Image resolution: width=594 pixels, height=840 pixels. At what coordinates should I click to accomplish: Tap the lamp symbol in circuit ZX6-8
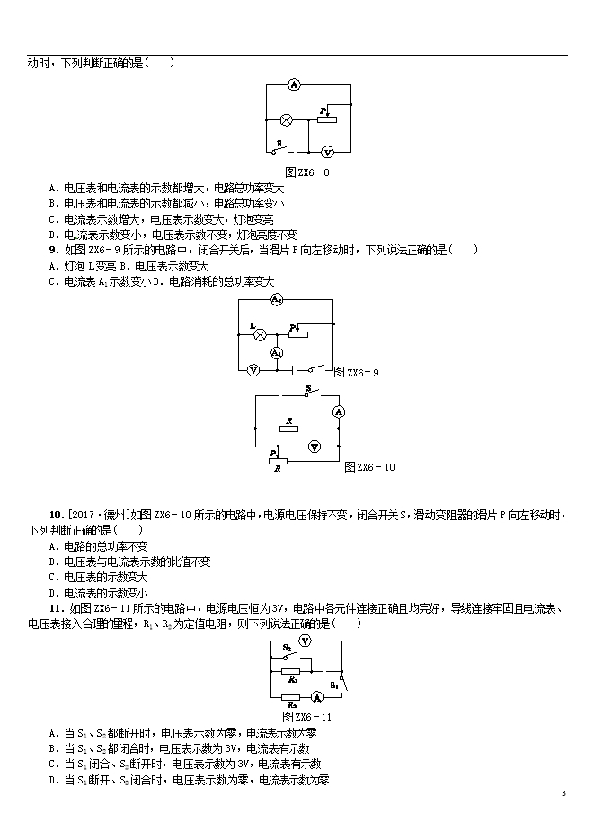tap(287, 119)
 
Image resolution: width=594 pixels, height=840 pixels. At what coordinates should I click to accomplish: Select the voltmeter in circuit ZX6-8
tap(327, 153)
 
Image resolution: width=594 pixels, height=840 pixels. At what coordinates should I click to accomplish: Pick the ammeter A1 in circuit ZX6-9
tap(277, 352)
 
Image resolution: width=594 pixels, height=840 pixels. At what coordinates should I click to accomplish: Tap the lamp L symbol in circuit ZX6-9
tap(260, 334)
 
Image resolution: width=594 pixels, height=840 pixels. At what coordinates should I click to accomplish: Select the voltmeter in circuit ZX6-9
tap(253, 369)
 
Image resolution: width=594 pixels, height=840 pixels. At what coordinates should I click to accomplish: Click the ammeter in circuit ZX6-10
tap(339, 411)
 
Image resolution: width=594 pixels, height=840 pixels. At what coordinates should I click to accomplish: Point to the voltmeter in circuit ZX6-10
tap(315, 447)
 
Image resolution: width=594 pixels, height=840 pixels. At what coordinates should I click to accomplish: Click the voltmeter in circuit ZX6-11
tap(305, 641)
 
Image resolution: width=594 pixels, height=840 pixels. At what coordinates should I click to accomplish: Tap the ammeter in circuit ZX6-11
tap(316, 697)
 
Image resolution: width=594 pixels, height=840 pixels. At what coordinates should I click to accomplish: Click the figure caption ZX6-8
tap(302, 172)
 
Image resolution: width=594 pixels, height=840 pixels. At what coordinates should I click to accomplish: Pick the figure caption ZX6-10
tap(370, 467)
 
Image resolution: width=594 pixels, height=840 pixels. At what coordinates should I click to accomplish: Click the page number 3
tap(563, 793)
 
